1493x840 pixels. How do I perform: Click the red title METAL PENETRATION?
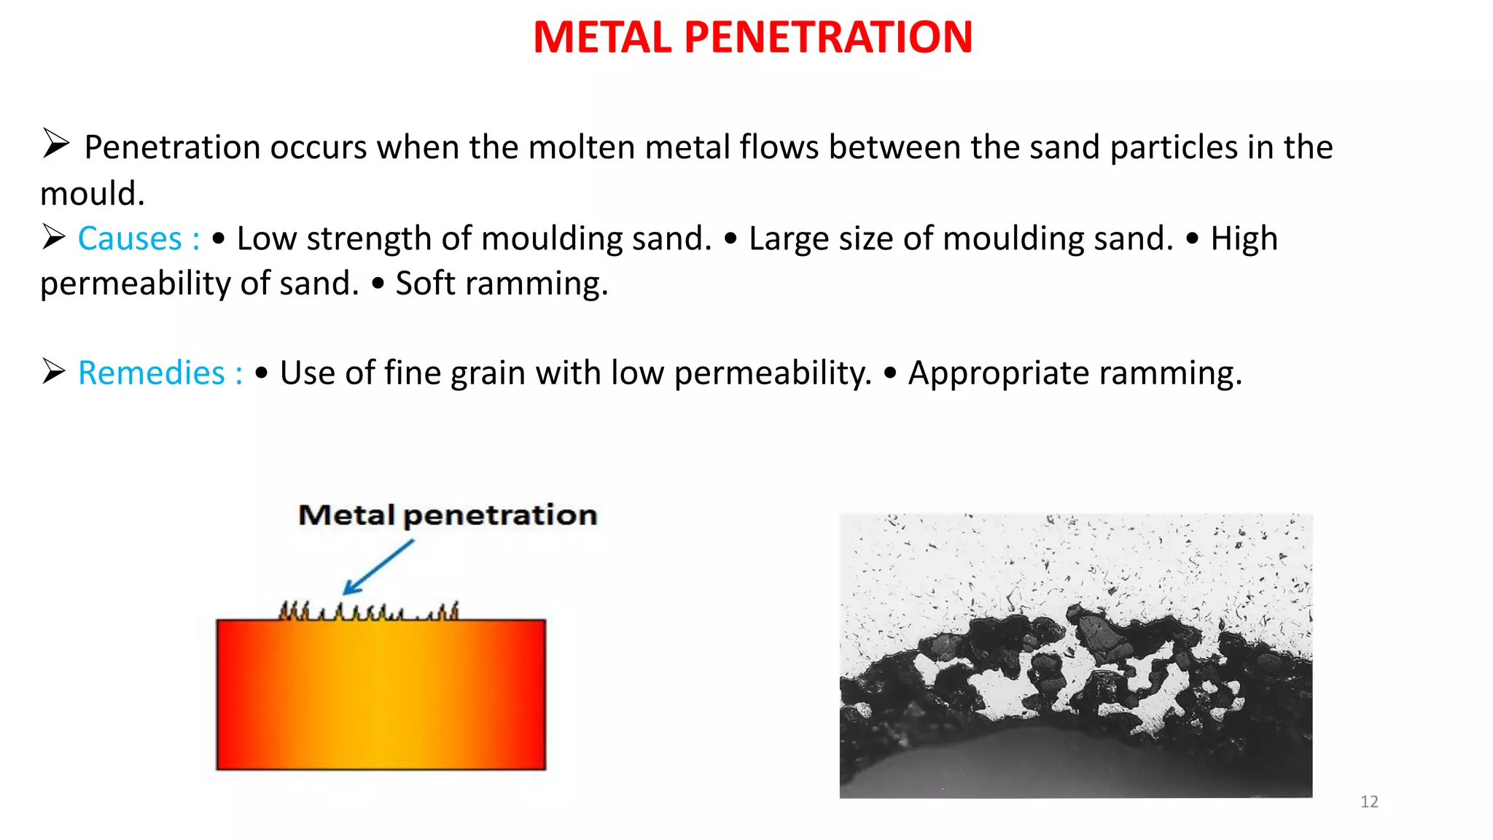[x=752, y=37]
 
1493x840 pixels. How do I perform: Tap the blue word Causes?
[x=130, y=239]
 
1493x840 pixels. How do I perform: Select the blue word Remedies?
[x=152, y=373]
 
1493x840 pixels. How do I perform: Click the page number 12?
[x=1369, y=802]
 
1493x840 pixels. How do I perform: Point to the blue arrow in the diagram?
[x=378, y=567]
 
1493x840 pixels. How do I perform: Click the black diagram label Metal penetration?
[x=448, y=516]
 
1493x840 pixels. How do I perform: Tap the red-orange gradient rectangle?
[x=381, y=695]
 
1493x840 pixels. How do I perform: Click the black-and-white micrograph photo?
[x=1075, y=655]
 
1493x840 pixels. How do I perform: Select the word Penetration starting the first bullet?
[x=172, y=148]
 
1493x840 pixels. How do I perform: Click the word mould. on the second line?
[x=92, y=194]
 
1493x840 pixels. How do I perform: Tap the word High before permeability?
[x=1244, y=239]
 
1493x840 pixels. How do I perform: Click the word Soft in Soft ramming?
[x=425, y=284]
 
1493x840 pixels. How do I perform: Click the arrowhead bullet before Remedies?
[x=53, y=372]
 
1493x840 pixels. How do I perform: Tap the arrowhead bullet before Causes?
[x=53, y=237]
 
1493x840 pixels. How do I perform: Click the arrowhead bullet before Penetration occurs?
[x=55, y=143]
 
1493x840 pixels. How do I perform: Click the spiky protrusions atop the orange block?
[x=369, y=611]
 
